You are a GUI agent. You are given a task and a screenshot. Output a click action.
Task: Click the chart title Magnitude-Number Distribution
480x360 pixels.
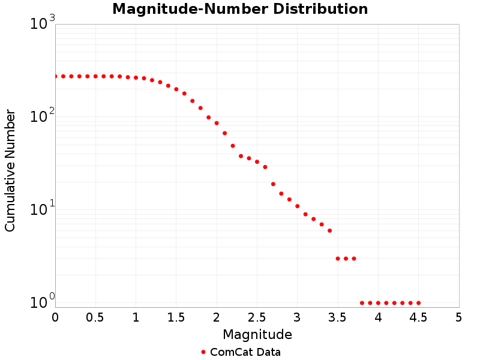coord(240,9)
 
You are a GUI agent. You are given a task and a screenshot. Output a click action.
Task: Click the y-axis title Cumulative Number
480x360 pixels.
coord(10,170)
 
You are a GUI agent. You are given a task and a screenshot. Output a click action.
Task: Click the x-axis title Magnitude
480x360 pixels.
coord(257,334)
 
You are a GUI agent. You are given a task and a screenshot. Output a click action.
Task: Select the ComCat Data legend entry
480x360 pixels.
coord(241,352)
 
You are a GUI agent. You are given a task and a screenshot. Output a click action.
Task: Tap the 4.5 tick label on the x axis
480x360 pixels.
coord(418,316)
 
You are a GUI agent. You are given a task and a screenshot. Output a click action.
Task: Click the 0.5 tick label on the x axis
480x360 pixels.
coord(95,316)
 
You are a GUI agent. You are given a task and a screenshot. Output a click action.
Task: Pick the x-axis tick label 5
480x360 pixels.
coord(459,316)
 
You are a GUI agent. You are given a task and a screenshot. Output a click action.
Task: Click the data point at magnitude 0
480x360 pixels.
coord(55,76)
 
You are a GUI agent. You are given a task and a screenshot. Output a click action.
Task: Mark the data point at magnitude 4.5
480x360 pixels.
coord(418,303)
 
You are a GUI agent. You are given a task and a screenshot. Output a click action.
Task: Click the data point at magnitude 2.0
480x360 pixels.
coord(217,123)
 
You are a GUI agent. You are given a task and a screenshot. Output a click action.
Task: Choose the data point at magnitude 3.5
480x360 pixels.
coord(338,259)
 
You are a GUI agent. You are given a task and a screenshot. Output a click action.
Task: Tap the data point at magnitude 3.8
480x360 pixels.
coord(362,303)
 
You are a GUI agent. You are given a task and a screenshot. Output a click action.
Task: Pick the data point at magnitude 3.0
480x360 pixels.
coord(297,206)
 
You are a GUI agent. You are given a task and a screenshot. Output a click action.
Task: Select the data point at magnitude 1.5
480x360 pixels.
coord(176,89)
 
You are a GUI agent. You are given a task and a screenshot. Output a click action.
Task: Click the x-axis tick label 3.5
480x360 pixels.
coord(338,316)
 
